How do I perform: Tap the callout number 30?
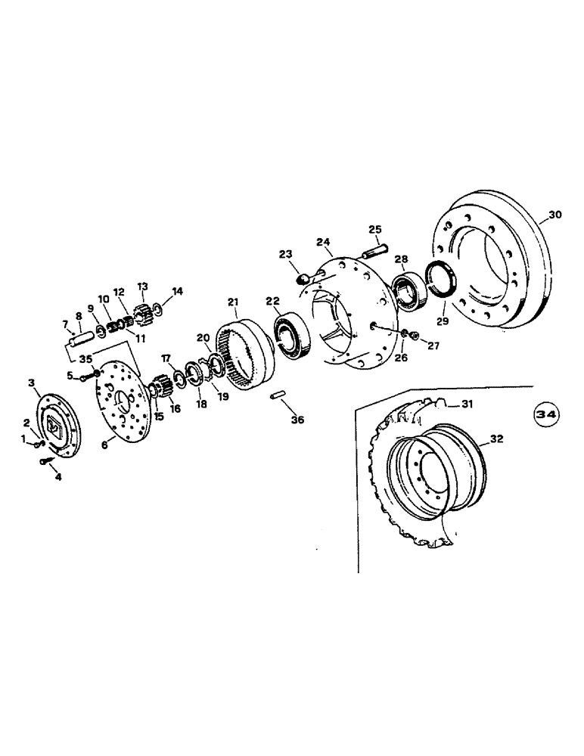(x=555, y=215)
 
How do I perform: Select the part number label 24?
(x=324, y=243)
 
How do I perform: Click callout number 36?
(x=297, y=420)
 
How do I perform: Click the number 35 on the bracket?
(x=87, y=360)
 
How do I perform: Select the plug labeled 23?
(x=301, y=279)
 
